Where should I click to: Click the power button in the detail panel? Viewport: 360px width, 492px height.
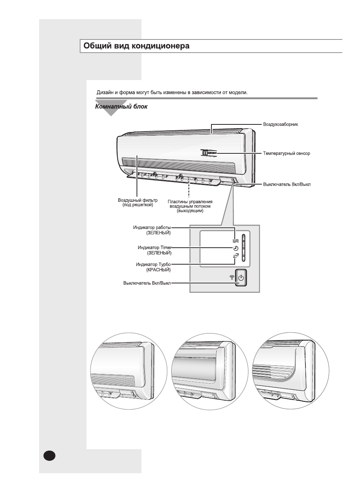[x=241, y=278]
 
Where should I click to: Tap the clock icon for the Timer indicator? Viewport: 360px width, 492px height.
[x=236, y=248]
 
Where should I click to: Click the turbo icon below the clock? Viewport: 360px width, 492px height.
[x=236, y=256]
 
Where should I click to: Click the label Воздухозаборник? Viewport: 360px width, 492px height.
[x=280, y=124]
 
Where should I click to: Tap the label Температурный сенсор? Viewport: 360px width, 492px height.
[x=286, y=153]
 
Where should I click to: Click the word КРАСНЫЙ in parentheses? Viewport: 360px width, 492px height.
[x=158, y=270]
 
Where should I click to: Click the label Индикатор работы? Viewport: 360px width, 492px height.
[x=152, y=227]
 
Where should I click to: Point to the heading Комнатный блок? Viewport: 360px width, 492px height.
[x=121, y=107]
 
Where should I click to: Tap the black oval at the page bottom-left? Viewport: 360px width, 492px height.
[x=49, y=455]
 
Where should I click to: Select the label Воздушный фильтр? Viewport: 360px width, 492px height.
[x=138, y=200]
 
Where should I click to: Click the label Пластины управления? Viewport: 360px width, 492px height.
[x=190, y=202]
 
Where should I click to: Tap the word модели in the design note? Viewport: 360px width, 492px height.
[x=238, y=92]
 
